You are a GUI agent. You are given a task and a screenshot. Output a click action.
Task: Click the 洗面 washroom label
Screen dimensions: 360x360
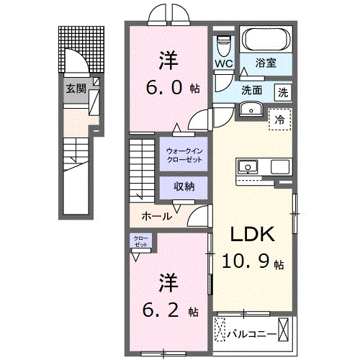(251, 91)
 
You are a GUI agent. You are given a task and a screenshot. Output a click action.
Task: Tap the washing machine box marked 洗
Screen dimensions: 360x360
(284, 91)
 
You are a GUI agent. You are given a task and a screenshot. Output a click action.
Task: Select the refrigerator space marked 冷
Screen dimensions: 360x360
(279, 120)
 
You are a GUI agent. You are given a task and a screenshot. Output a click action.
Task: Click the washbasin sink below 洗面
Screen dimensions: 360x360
(251, 109)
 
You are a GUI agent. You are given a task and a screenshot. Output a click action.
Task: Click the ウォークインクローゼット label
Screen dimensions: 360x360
(184, 154)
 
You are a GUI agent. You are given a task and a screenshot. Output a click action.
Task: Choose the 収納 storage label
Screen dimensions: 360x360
(184, 186)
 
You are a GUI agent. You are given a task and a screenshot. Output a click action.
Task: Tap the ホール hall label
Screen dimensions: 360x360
(156, 216)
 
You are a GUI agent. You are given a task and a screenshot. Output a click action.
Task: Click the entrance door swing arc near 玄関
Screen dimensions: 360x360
(74, 60)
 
